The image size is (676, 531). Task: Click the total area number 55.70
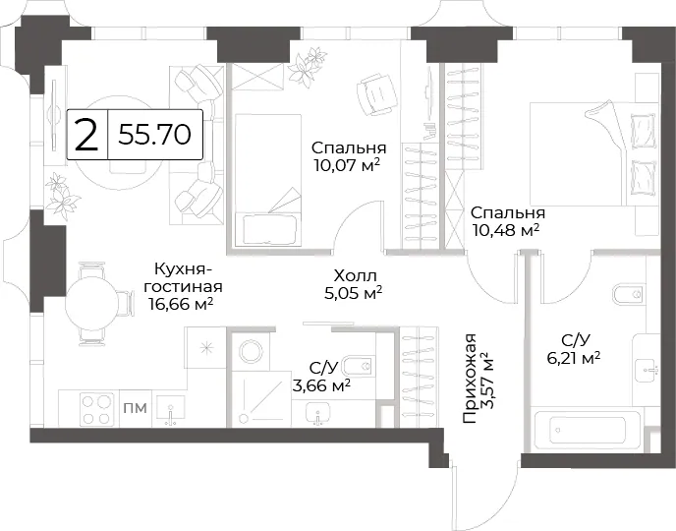(x=154, y=134)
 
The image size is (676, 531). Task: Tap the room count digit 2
(x=86, y=135)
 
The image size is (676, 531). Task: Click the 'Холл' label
(x=356, y=275)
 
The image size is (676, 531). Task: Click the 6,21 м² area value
(x=574, y=358)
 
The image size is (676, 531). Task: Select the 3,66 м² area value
(x=320, y=385)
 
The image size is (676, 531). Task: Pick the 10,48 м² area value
(x=506, y=230)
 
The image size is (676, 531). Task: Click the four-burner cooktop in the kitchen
(x=96, y=409)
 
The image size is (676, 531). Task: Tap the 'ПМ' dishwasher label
(x=136, y=408)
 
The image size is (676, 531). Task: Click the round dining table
(x=91, y=304)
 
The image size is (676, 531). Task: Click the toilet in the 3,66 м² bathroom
(x=358, y=367)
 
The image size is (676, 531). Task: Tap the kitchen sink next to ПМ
(x=171, y=410)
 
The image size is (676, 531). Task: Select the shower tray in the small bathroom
(x=260, y=399)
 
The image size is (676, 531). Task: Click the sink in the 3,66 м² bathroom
(x=317, y=414)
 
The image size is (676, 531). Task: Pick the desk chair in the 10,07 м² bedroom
(x=376, y=94)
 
